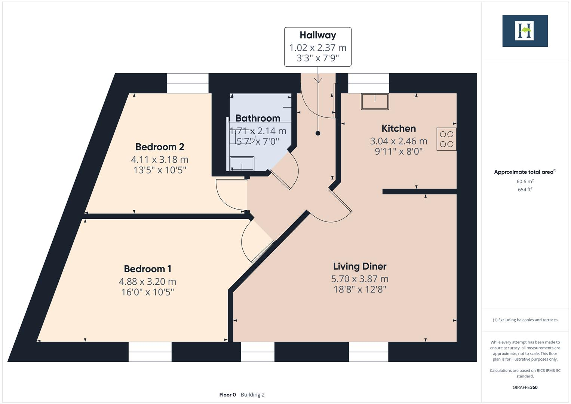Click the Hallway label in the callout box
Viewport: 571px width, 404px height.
click(317, 35)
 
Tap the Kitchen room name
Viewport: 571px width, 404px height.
click(398, 128)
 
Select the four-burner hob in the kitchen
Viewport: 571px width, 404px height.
click(446, 139)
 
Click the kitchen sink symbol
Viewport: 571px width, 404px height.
click(375, 101)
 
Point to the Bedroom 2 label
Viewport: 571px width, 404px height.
click(160, 147)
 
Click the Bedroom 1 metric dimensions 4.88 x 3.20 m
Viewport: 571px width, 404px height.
click(147, 281)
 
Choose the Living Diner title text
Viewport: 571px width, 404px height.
click(359, 266)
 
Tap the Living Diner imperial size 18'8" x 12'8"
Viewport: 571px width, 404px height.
click(359, 289)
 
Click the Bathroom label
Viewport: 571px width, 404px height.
click(258, 118)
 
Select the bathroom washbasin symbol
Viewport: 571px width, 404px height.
click(242, 163)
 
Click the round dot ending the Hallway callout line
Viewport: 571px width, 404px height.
click(318, 133)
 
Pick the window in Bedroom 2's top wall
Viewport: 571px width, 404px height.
click(187, 83)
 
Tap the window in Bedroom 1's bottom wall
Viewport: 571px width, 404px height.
click(150, 352)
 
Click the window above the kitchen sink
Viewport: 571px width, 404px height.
click(368, 83)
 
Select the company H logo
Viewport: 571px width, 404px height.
click(525, 31)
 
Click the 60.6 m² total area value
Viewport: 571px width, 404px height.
click(525, 181)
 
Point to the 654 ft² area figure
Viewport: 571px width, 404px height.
click(525, 190)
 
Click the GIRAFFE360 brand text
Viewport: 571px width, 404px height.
click(525, 387)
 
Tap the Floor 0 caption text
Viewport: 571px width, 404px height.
click(227, 395)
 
